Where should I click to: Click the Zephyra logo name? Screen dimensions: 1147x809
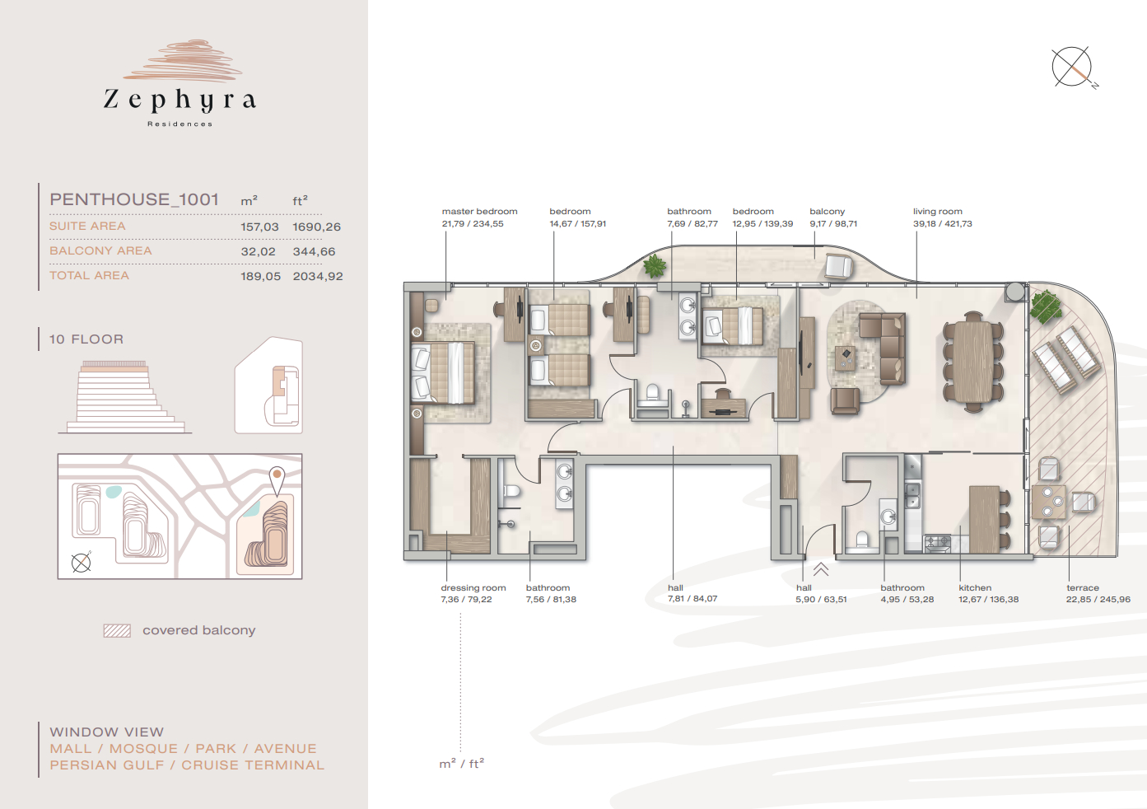coord(180,101)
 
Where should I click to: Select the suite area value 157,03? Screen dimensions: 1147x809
coord(259,227)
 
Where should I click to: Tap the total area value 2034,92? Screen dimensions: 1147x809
coord(318,277)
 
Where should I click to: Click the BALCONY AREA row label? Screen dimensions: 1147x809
coord(100,250)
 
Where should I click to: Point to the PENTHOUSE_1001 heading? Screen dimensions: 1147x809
coord(134,199)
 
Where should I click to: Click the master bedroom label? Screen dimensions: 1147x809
coord(479,212)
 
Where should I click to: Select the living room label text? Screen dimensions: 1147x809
coord(938,212)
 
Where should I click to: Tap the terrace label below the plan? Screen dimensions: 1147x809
coord(1083,587)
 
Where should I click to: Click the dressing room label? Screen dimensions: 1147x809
coord(473,587)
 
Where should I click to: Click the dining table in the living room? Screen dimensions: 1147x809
coord(972,361)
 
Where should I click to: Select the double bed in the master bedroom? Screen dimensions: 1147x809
coord(443,373)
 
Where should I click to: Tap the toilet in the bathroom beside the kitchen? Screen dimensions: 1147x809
coord(863,541)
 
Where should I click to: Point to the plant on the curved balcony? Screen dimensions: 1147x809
coord(655,266)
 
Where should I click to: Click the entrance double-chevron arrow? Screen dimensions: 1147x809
coord(820,569)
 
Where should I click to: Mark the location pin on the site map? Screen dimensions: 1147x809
coord(277,480)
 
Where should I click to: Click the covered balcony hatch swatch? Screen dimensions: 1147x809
coord(117,631)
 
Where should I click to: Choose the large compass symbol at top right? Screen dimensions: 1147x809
coord(1072,68)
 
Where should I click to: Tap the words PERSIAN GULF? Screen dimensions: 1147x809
coord(107,765)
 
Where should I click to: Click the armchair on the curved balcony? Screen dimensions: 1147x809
coord(838,266)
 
